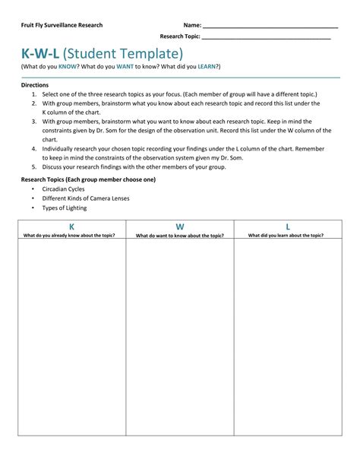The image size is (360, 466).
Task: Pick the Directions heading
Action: (35, 85)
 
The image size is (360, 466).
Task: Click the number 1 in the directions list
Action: (34, 94)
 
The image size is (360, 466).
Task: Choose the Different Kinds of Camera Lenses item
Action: (86, 198)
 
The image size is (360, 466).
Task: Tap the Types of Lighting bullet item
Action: (65, 208)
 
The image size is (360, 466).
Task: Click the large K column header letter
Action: (71, 227)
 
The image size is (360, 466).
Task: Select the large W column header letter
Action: (180, 227)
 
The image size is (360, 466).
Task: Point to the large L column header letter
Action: (288, 227)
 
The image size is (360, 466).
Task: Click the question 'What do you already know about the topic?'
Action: (70, 236)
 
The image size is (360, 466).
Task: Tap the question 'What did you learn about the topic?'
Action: (286, 236)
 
